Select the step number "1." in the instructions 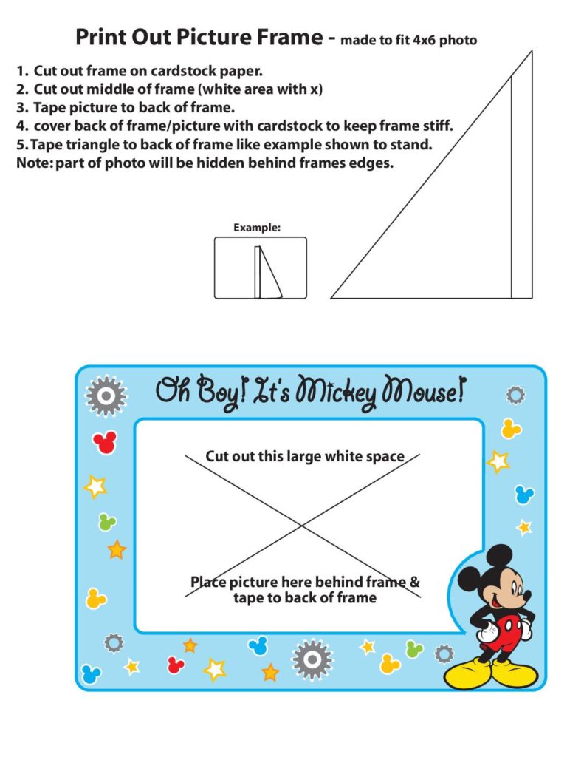click(23, 72)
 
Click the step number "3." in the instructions click(23, 107)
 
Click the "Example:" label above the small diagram click(257, 228)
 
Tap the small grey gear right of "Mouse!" click(515, 396)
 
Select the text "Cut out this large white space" click(304, 456)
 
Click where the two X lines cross click(301, 526)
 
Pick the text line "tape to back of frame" click(304, 597)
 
